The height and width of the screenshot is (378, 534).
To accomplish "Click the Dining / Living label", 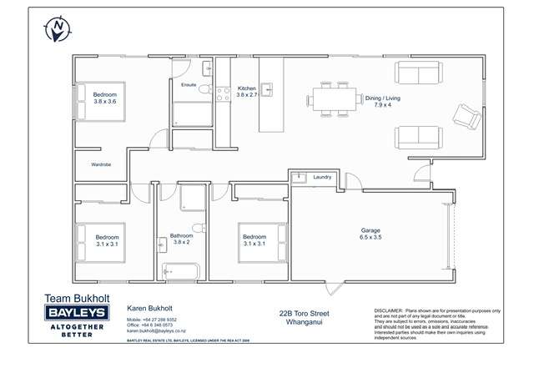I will tap(382, 102).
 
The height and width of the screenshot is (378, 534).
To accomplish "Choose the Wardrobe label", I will tap(102, 165).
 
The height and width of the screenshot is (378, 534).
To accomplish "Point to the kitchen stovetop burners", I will tap(224, 95).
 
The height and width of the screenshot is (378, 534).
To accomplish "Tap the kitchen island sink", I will tap(268, 88).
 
